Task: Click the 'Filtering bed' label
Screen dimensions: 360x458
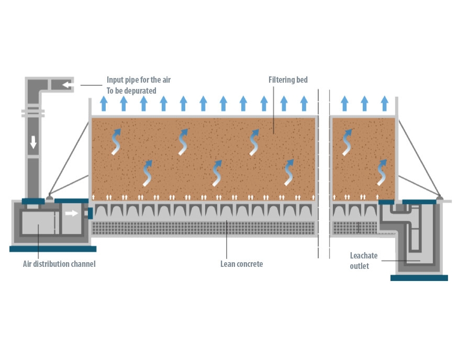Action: (x=288, y=80)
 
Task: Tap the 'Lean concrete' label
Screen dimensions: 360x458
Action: (x=241, y=264)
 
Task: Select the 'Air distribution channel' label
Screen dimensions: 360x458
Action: (x=59, y=264)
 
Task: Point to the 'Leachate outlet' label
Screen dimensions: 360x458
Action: (x=363, y=261)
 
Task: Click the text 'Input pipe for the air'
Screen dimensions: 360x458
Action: (x=139, y=80)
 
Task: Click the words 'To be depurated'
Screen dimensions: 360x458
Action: (x=131, y=91)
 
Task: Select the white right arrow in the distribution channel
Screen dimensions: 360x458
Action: (x=71, y=213)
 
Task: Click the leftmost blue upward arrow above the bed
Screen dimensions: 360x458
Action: (x=104, y=104)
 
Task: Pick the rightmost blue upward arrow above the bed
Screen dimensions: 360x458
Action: (x=384, y=104)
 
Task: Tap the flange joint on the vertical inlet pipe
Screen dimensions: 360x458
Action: (x=33, y=113)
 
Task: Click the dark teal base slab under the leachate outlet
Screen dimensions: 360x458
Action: (x=419, y=278)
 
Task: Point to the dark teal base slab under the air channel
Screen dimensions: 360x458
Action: (x=53, y=249)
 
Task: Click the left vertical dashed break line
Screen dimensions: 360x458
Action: (x=318, y=173)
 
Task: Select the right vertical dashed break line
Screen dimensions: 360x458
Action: (x=330, y=173)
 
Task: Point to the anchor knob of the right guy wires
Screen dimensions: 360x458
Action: (x=440, y=198)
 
